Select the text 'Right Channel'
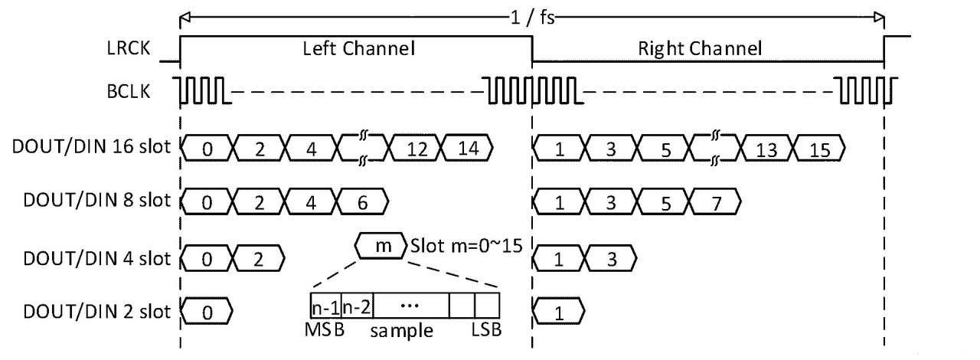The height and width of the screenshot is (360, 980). (x=700, y=50)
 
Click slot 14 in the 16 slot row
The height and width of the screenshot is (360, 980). (x=468, y=149)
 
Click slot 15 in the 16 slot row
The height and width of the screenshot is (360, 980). (x=819, y=149)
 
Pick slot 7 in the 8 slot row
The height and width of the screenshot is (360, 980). (x=715, y=203)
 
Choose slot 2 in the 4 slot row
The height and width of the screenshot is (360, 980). (x=259, y=258)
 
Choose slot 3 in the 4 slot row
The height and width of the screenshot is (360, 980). (x=609, y=258)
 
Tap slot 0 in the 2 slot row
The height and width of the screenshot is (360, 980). (x=207, y=313)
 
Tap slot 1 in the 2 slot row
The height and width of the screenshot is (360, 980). (x=558, y=313)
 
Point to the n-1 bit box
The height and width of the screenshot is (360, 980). (x=325, y=306)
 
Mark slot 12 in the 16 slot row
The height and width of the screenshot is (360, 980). (x=415, y=149)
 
